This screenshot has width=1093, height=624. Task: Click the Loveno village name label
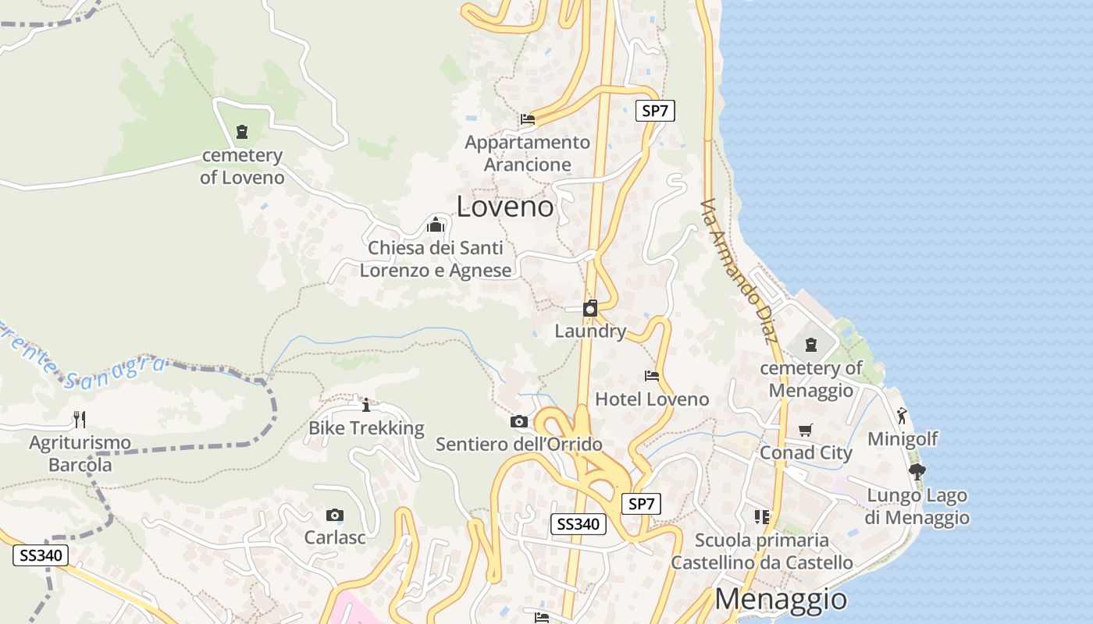click(x=505, y=207)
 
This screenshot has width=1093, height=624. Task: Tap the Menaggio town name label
click(x=781, y=599)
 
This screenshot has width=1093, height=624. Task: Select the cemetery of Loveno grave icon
click(x=242, y=131)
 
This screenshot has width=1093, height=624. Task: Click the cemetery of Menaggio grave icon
click(x=811, y=344)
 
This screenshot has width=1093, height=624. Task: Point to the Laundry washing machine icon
click(x=590, y=308)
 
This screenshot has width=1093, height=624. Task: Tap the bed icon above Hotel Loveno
click(x=652, y=376)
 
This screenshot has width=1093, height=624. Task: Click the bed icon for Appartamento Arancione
click(x=528, y=119)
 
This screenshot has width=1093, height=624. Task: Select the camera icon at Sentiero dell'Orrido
click(x=518, y=422)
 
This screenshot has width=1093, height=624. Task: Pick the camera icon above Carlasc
click(x=335, y=515)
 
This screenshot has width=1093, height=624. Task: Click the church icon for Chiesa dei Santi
click(x=436, y=225)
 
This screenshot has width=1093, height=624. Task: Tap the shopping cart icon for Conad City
click(x=806, y=430)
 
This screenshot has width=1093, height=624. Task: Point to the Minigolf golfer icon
click(x=903, y=416)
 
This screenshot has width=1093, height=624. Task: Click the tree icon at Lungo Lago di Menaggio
click(x=917, y=471)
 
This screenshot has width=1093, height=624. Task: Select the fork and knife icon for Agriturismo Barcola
click(x=80, y=420)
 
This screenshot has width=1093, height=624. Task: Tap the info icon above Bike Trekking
click(x=366, y=405)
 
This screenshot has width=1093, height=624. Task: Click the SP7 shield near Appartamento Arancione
click(x=654, y=111)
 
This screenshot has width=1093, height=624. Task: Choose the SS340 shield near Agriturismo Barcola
click(x=41, y=555)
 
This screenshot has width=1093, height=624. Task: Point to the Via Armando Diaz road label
click(x=739, y=270)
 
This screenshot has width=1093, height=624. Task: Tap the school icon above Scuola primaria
click(x=762, y=516)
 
